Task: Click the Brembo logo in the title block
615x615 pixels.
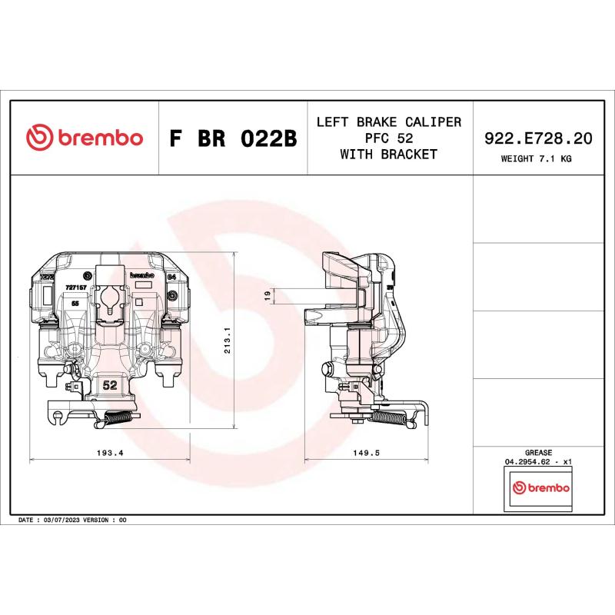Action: coord(85,138)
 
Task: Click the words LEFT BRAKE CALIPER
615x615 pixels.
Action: coord(389,122)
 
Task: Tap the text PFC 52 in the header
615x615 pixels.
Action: coord(389,138)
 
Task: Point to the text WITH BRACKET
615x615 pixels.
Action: coord(389,155)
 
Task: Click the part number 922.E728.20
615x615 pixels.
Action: coord(537,138)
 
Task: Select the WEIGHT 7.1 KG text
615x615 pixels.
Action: coord(537,159)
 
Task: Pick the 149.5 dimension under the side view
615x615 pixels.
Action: coord(366,453)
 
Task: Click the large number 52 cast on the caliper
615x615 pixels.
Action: coord(109,385)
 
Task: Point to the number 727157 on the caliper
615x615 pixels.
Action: coord(75,286)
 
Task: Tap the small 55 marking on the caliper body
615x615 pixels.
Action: coord(75,304)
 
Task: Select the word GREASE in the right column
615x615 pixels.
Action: coord(538,453)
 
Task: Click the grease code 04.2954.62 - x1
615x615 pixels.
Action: coord(538,462)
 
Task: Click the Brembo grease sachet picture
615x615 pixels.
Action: coord(541,489)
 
